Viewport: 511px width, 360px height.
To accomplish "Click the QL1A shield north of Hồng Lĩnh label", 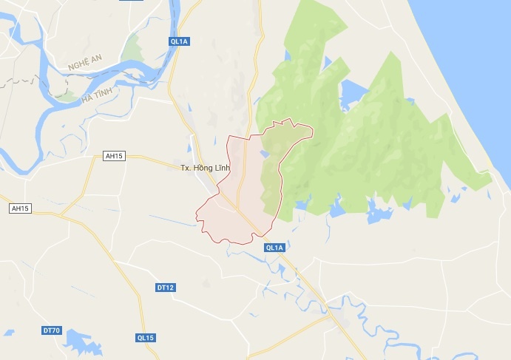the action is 180,42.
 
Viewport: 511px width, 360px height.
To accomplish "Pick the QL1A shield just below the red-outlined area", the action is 274,248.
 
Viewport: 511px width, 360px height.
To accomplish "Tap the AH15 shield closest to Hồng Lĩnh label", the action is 114,156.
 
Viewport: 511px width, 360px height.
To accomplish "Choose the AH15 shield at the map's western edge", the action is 19,209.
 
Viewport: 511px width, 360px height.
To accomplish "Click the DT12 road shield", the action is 165,287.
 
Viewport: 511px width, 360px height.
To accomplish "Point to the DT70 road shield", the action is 51,330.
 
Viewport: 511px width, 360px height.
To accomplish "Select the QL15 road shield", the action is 145,338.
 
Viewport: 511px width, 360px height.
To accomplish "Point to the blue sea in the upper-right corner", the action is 473,44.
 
